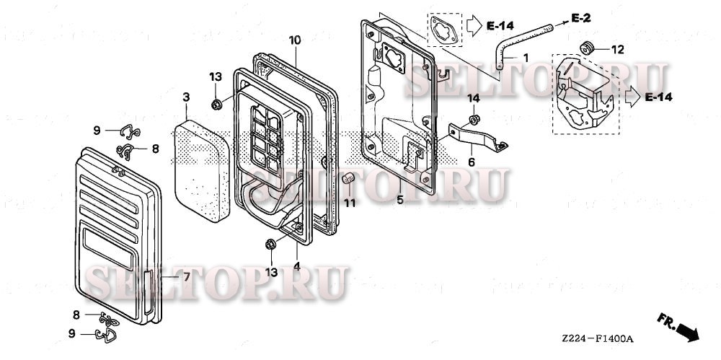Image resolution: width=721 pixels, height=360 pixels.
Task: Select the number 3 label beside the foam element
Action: click(x=186, y=97)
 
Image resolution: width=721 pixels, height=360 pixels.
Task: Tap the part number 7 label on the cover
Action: click(x=186, y=276)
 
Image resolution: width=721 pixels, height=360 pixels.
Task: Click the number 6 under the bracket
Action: click(x=472, y=162)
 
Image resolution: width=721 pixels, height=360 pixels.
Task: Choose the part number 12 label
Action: click(x=617, y=50)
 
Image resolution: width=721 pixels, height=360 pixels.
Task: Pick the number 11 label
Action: click(x=350, y=203)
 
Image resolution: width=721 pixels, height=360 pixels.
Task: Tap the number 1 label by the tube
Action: click(x=526, y=57)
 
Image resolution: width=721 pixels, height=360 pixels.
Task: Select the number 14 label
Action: click(x=472, y=98)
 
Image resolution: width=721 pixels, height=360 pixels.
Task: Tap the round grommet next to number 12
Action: click(x=588, y=48)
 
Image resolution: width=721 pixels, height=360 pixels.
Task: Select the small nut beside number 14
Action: click(x=474, y=118)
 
